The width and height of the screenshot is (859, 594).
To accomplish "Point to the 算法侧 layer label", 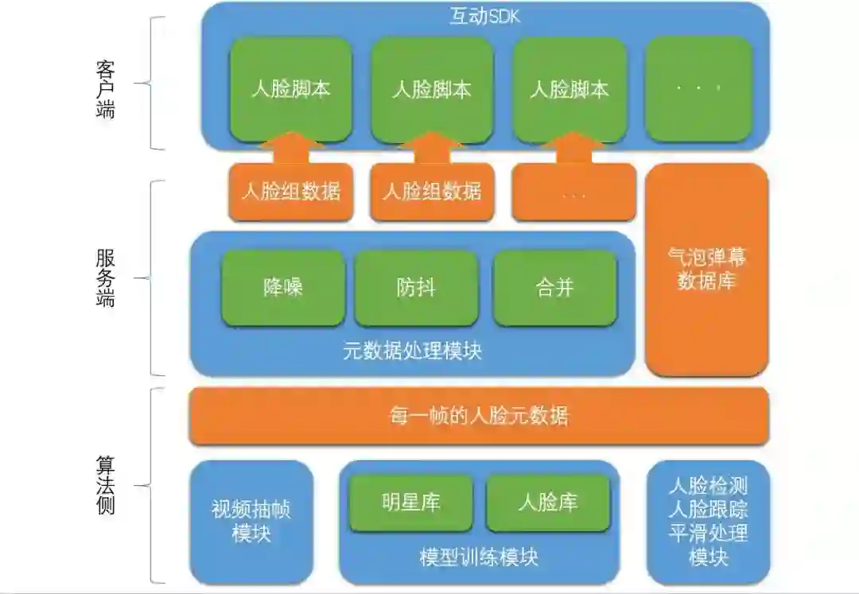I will [104, 485].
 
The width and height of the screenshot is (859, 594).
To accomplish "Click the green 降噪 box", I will [283, 288].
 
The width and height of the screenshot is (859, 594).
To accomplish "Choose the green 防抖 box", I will [416, 288].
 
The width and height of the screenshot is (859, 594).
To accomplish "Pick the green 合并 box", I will [554, 288].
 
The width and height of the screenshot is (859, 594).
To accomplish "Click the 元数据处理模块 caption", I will [412, 351].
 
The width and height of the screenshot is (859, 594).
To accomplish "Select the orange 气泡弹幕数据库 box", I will [706, 270].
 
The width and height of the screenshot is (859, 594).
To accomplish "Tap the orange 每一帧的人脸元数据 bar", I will [478, 416].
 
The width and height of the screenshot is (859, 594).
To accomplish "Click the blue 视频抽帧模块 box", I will [251, 522].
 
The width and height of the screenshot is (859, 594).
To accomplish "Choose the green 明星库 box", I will [410, 503].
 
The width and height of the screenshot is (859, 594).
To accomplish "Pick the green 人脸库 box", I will [548, 503].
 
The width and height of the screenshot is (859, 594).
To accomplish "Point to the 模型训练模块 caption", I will [479, 557].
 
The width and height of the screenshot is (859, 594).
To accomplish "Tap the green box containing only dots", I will [698, 87].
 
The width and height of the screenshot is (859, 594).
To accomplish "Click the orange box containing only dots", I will [573, 192].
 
